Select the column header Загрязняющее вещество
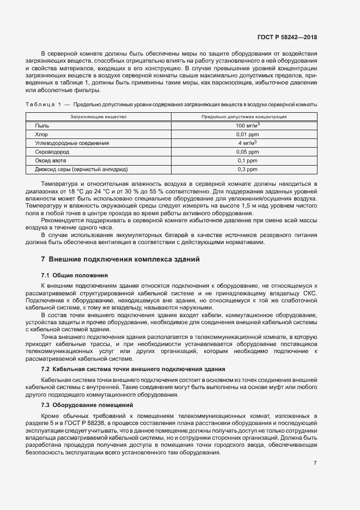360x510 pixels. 99,117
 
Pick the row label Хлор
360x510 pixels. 41,134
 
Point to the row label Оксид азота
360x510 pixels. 51,161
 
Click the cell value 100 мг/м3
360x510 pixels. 247,125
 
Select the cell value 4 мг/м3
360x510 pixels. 247,143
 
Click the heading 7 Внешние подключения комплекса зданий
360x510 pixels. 120,259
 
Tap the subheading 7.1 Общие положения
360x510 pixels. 75,275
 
